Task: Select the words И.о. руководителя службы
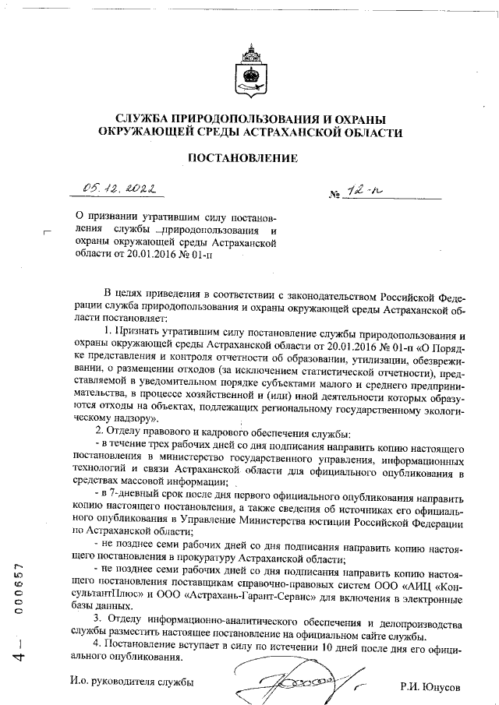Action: [130, 683]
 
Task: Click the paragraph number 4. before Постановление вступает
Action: [97, 643]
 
